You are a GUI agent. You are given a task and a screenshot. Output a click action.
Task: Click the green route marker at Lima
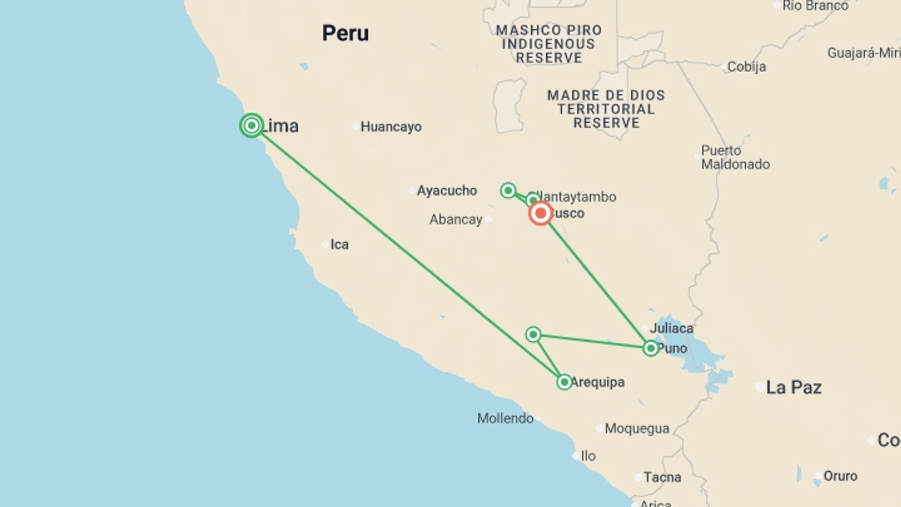[x=252, y=125]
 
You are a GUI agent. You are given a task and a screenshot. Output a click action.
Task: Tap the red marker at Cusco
[x=540, y=213]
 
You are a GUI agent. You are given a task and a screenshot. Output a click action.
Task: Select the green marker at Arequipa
[x=564, y=382]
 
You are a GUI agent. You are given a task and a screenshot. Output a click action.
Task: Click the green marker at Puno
[x=650, y=348]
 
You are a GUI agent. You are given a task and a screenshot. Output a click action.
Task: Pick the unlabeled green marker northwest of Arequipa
[x=533, y=334]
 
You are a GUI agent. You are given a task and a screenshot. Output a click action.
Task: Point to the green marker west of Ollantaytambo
[x=508, y=190]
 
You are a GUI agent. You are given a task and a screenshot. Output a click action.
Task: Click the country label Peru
[x=345, y=33]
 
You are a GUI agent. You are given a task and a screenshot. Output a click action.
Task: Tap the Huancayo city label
[x=390, y=127]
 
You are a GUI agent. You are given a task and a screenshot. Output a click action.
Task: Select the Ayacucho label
[x=446, y=191]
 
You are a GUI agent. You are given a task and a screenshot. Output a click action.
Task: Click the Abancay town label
[x=456, y=219]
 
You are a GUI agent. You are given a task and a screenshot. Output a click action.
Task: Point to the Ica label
[x=339, y=245]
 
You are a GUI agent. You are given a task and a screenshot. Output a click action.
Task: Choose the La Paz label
[x=794, y=387]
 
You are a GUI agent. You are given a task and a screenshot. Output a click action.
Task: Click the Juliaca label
[x=671, y=328]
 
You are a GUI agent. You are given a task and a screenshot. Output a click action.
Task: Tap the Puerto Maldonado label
[x=735, y=157]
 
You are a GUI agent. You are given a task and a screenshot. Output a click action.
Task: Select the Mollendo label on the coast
[x=505, y=418]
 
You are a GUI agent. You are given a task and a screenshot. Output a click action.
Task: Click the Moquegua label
[x=637, y=428]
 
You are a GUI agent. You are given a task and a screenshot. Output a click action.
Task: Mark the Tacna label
[x=662, y=477]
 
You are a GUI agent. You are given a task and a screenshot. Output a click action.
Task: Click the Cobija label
[x=746, y=67]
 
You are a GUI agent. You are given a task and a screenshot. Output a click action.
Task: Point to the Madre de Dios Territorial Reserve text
[x=606, y=109]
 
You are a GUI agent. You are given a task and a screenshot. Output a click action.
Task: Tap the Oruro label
[x=840, y=476]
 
